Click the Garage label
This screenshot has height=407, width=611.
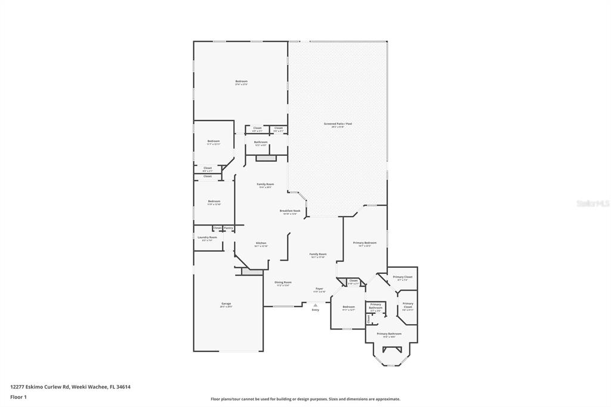point(226,304)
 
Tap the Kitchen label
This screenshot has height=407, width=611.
point(261,243)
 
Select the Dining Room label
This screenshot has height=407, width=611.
point(283,282)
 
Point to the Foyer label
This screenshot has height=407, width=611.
point(319,289)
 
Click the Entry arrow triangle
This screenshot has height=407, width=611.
point(316,304)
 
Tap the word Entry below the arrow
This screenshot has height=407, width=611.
point(316,310)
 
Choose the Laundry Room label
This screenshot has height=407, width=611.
point(207,237)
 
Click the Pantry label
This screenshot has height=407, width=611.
point(229,228)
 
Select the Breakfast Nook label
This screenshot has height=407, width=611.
point(290,211)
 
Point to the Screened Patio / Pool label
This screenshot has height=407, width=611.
point(338,124)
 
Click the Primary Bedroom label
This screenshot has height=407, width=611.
point(365,243)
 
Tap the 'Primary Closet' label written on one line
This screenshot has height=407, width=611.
point(402,277)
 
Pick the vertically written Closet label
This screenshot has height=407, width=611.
point(369,319)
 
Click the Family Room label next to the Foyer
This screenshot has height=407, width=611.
point(317,254)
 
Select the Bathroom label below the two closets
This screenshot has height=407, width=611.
point(261,142)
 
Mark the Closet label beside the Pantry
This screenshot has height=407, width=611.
point(217,228)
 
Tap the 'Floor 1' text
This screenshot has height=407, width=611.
point(18,397)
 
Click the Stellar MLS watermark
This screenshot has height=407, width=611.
point(592,203)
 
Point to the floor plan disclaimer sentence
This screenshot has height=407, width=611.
point(305,399)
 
